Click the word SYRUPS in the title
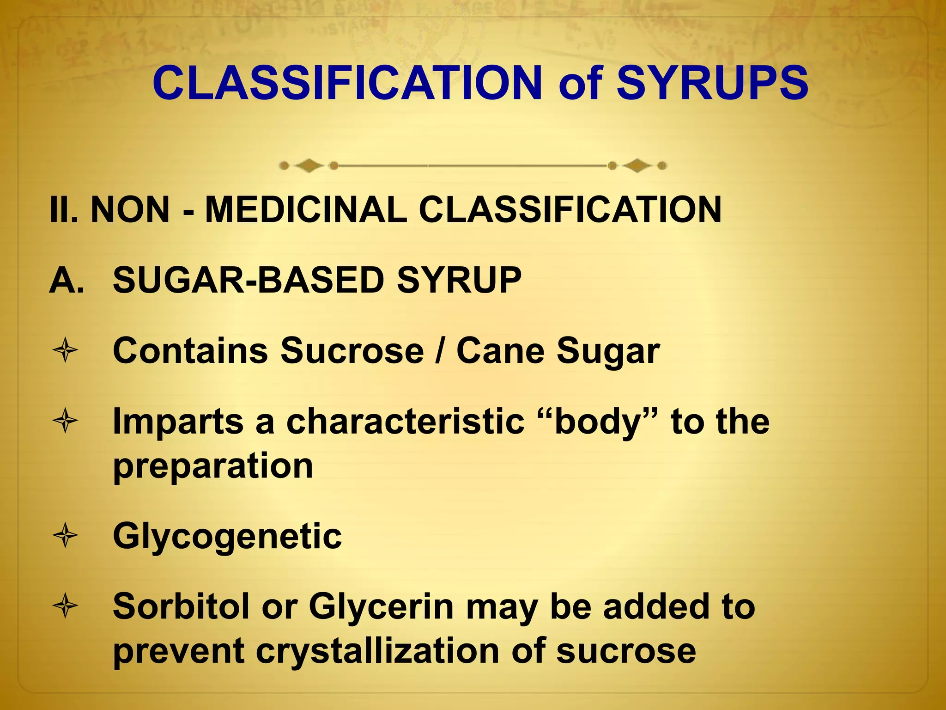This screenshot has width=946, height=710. click(x=712, y=83)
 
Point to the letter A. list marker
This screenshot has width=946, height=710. click(x=67, y=280)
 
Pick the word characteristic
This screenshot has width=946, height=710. click(x=405, y=422)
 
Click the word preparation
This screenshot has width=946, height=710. click(x=213, y=466)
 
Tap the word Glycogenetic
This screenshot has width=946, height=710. click(x=227, y=537)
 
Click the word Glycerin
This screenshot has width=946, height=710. click(x=381, y=607)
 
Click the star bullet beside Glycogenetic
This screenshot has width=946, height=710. click(x=66, y=536)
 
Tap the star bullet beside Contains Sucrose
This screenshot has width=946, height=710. click(x=66, y=351)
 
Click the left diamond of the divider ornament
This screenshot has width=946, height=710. click(x=309, y=165)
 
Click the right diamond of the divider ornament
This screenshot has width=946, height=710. click(x=637, y=165)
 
